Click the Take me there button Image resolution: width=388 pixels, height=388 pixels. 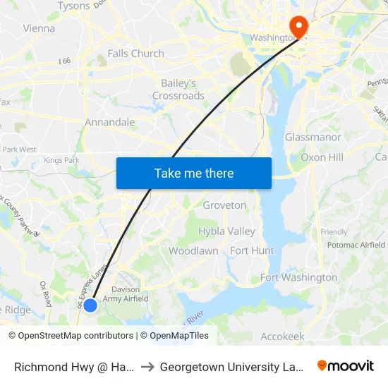pos(194,174)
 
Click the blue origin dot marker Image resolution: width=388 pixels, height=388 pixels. pos(90,305)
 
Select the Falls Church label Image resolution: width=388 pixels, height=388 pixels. pos(135,54)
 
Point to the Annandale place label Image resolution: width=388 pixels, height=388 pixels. pos(109,122)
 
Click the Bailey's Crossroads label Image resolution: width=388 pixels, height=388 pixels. pos(178,90)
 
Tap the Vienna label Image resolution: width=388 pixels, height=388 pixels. pos(39,29)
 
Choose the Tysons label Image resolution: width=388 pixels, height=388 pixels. pos(73,6)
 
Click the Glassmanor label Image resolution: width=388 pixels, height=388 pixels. pos(313,137)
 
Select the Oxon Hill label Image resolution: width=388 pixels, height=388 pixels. pos(322,157)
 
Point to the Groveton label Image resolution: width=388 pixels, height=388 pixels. pos(225,205)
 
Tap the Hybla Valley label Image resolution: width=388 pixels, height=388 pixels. pos(226,231)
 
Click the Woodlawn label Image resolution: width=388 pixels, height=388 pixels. pos(193,250)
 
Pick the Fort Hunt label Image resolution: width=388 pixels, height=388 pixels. pos(252,250)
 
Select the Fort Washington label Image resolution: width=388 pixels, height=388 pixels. pos(299,277)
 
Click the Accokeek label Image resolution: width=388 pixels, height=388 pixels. pos(282,337)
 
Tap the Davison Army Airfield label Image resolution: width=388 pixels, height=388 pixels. pos(126,294)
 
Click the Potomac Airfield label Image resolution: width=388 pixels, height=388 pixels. pos(356,245)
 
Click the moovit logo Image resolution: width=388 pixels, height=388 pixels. pos(346,366)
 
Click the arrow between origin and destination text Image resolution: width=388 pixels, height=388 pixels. pos(147,367)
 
